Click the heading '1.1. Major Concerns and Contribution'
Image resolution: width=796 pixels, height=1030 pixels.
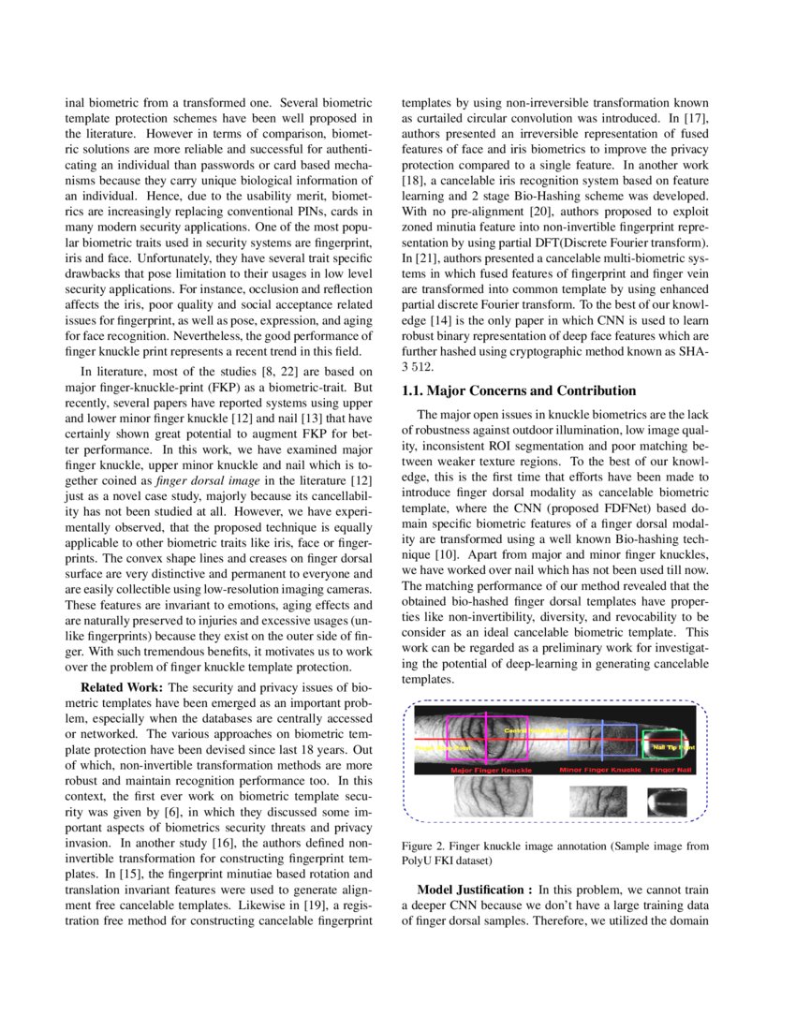(519, 390)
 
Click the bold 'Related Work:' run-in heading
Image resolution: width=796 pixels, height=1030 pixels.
(122, 687)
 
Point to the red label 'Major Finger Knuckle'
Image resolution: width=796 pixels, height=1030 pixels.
(491, 771)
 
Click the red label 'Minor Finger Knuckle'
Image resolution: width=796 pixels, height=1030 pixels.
(600, 771)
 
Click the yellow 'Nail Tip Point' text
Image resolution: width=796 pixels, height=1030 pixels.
(673, 747)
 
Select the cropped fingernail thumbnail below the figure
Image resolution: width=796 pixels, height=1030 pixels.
(667, 802)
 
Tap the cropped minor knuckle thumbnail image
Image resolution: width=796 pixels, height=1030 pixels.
(597, 802)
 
